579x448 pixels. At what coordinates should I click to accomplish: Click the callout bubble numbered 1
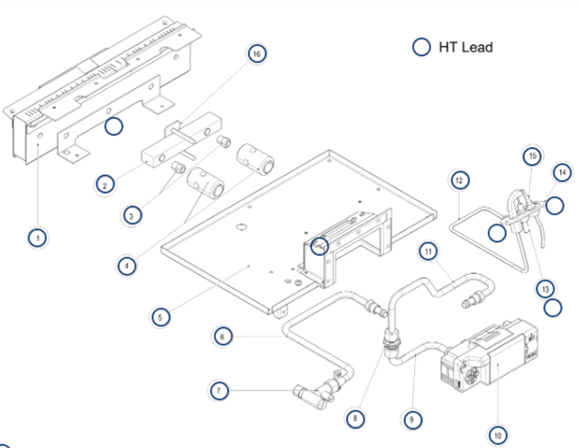[36, 239]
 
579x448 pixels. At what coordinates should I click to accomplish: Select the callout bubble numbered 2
[106, 185]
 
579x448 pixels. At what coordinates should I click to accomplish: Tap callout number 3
[133, 216]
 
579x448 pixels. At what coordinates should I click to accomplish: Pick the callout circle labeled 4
[128, 266]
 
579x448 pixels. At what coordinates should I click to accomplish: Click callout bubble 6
[224, 336]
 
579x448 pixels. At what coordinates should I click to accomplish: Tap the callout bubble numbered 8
[358, 417]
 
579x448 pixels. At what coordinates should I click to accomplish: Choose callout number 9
[414, 418]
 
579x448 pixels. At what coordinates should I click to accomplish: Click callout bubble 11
[428, 249]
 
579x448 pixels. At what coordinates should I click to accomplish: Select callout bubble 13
[544, 288]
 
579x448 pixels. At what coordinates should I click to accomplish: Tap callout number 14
[560, 172]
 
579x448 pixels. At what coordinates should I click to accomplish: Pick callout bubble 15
[532, 156]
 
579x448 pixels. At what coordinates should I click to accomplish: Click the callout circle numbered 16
[257, 54]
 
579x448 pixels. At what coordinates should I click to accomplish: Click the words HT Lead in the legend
[465, 47]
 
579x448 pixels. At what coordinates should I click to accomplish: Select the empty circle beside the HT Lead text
[420, 47]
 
